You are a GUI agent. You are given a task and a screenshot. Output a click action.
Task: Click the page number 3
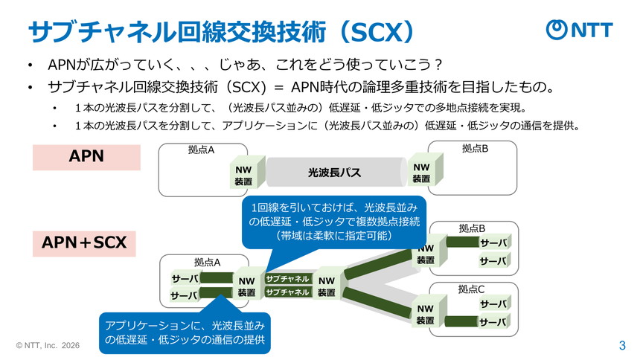point(622,345)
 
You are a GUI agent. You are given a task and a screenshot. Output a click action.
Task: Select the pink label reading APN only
point(86,156)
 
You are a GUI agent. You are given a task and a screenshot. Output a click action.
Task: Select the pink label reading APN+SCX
point(84,242)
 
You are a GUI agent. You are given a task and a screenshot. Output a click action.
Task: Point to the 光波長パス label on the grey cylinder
point(334,173)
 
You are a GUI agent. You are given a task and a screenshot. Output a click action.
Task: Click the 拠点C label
point(471,289)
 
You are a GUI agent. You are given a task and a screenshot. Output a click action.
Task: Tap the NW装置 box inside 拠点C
point(425,314)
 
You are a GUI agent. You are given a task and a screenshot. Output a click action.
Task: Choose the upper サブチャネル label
point(287,279)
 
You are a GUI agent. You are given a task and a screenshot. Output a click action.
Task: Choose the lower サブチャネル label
point(287,292)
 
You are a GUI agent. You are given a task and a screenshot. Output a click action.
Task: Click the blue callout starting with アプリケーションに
point(185,332)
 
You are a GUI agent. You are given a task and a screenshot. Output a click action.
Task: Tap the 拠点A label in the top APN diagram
point(201,150)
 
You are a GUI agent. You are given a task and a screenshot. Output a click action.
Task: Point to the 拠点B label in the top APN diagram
point(475,149)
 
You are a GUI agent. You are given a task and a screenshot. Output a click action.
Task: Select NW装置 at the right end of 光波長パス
point(422,173)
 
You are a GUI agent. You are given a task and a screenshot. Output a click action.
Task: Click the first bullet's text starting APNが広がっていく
point(246,63)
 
